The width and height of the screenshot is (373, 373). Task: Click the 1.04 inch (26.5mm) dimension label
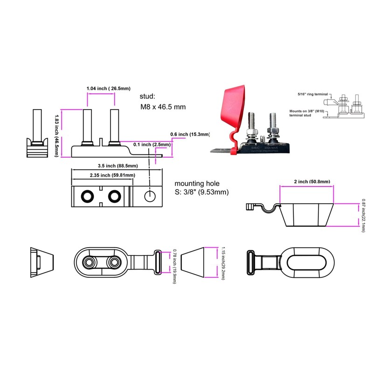pos(108,88)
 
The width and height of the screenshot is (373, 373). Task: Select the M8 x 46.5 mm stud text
pos(163,107)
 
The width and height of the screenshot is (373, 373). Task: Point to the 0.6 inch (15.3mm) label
pos(190,135)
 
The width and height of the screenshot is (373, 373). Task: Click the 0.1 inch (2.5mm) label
pos(152,145)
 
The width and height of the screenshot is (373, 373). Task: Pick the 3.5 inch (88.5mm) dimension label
pos(117,166)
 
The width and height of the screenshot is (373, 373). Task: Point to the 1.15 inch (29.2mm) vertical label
pos(223,264)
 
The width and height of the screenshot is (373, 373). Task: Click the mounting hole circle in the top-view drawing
pos(149,196)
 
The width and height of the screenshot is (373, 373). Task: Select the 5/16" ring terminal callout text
pos(313,94)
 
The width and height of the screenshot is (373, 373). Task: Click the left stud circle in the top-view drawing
pos(87,197)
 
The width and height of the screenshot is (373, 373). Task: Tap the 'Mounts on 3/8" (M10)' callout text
pos(306,112)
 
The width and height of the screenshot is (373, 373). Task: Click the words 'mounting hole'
pos(197,184)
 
